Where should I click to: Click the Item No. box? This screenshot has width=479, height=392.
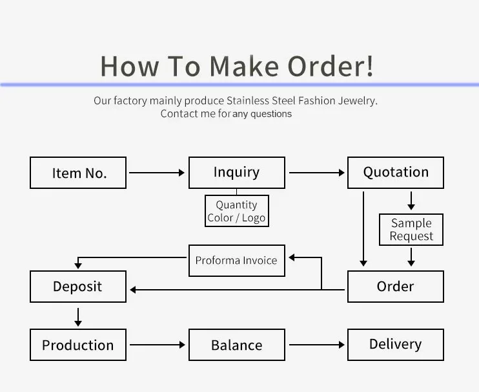pyautogui.click(x=78, y=173)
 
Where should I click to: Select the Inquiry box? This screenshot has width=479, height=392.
pyautogui.click(x=236, y=173)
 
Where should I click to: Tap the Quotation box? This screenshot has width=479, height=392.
pyautogui.click(x=396, y=173)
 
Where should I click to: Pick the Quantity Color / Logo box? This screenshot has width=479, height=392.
pyautogui.click(x=236, y=211)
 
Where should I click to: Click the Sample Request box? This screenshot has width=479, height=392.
pyautogui.click(x=411, y=230)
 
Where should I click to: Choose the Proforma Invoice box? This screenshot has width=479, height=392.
pyautogui.click(x=236, y=261)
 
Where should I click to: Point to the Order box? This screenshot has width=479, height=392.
pyautogui.click(x=396, y=287)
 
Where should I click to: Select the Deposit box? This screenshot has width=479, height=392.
pyautogui.click(x=78, y=287)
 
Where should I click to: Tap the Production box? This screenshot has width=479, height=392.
pyautogui.click(x=78, y=345)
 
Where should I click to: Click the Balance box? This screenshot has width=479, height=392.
pyautogui.click(x=236, y=345)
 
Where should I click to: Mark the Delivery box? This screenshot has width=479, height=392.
pyautogui.click(x=396, y=345)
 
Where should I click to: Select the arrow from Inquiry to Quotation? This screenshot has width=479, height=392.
pyautogui.click(x=316, y=173)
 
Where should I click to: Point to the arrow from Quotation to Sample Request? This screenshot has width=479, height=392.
pyautogui.click(x=411, y=200)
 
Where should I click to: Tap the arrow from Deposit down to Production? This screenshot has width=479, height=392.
pyautogui.click(x=78, y=316)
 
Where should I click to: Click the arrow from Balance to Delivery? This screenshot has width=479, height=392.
pyautogui.click(x=316, y=345)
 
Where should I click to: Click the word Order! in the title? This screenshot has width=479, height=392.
pyautogui.click(x=330, y=67)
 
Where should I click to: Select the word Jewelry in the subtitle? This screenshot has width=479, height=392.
pyautogui.click(x=358, y=101)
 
